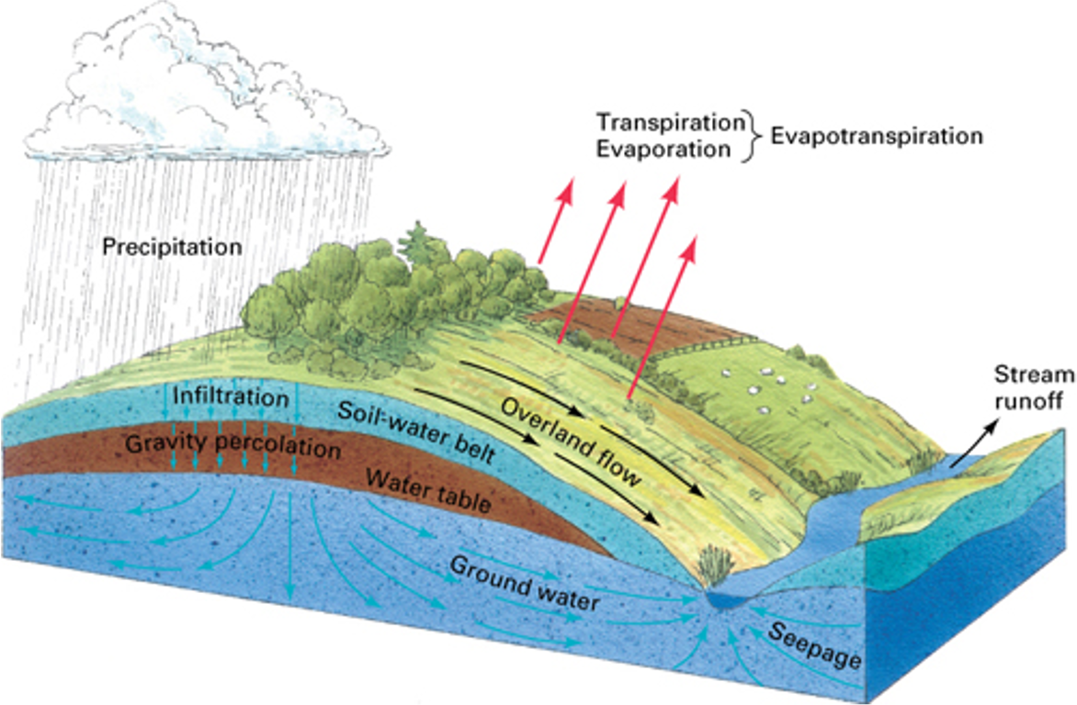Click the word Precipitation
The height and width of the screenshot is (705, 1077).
[x=172, y=247]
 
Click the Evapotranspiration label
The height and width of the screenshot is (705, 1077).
[x=877, y=137]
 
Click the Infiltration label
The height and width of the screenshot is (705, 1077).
[x=231, y=397]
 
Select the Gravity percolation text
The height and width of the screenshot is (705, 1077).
[x=232, y=446]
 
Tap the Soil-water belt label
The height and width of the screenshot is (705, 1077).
[x=416, y=431]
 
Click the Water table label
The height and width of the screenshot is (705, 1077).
[x=427, y=490]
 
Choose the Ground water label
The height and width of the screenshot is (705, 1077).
[x=524, y=583]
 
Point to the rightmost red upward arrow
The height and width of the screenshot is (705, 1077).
[x=663, y=312]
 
